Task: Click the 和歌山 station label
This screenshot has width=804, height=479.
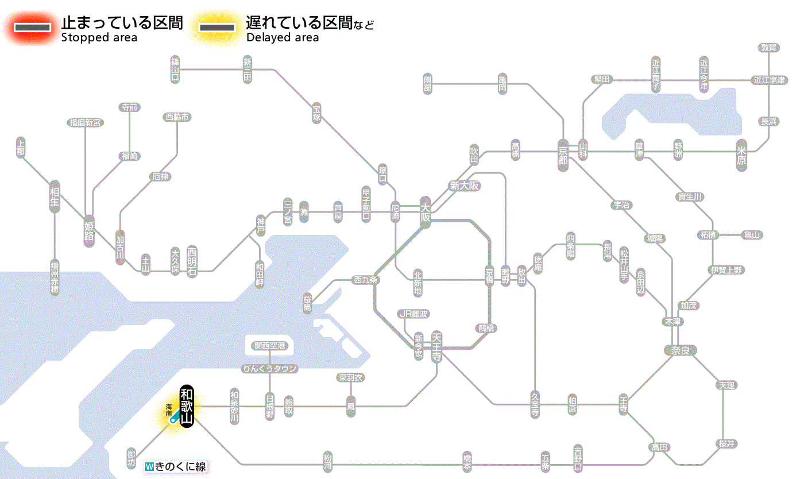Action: click(x=187, y=407)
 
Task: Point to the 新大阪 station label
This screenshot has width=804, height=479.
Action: click(x=464, y=186)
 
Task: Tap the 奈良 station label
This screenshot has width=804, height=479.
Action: click(x=679, y=350)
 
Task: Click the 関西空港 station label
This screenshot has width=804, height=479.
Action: click(x=269, y=345)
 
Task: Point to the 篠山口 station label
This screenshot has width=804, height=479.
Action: click(x=175, y=69)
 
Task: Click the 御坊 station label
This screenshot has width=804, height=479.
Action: click(x=132, y=458)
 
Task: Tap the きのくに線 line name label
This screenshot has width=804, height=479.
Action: click(x=175, y=467)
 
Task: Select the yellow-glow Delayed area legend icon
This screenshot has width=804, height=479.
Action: click(x=217, y=27)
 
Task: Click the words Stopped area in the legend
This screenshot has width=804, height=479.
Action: click(x=99, y=38)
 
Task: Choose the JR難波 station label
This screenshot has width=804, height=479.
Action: click(x=413, y=314)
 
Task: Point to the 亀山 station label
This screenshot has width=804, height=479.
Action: click(x=751, y=234)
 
